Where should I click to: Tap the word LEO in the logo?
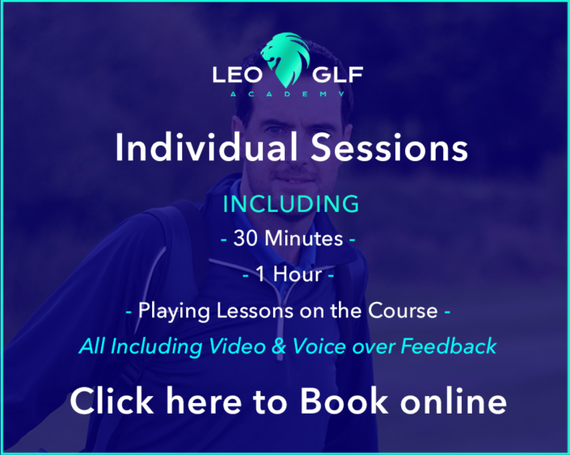click(238, 74)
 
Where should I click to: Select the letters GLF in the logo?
click(337, 74)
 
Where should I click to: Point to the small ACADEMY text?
click(288, 94)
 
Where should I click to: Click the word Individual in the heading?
click(206, 147)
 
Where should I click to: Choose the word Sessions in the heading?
click(390, 148)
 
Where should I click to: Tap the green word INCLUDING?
click(291, 204)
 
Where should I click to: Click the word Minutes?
click(303, 238)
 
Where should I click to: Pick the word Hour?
click(298, 274)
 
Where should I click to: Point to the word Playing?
click(174, 312)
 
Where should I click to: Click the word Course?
click(403, 311)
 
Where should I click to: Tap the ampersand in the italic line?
click(279, 347)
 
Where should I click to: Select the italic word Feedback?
click(449, 346)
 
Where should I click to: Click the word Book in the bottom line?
click(344, 401)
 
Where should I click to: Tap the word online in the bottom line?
click(454, 401)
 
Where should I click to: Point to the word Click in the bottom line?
click(112, 401)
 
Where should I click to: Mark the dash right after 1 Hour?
click(331, 275)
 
